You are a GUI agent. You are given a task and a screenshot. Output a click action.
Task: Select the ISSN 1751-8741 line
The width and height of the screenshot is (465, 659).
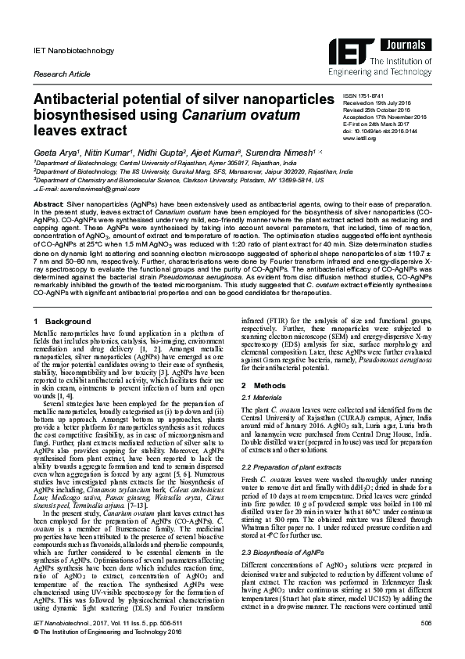[363, 94]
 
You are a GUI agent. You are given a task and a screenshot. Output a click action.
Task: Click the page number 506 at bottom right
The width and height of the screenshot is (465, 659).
[426, 622]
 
